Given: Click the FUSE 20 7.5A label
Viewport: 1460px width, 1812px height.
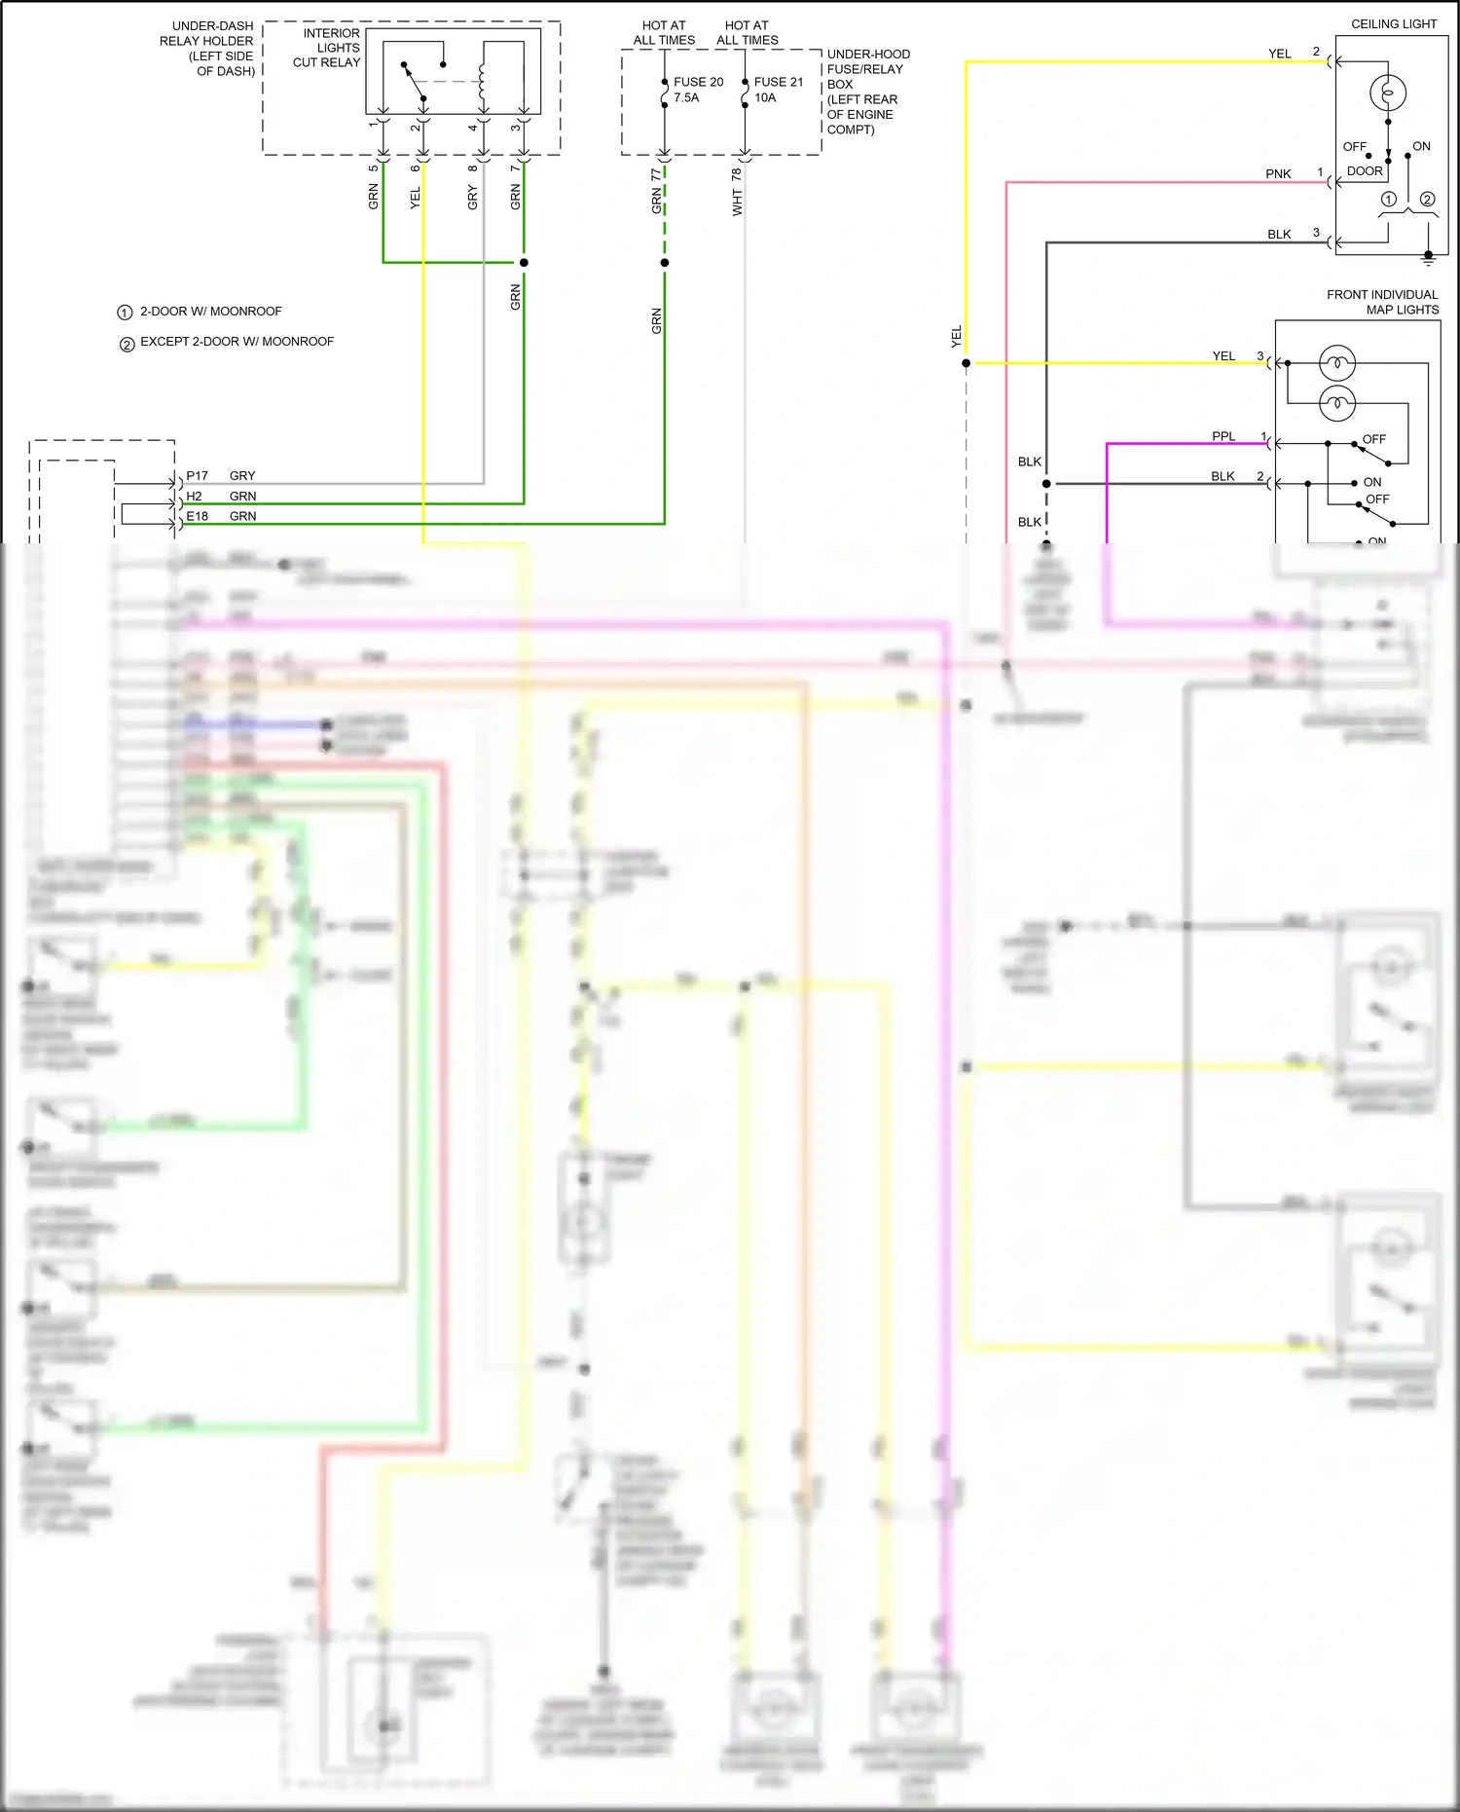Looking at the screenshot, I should (x=698, y=90).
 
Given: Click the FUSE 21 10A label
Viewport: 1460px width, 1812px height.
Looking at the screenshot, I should (x=778, y=90).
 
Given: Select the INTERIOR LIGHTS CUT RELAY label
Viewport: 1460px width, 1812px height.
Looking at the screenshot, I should (x=328, y=48).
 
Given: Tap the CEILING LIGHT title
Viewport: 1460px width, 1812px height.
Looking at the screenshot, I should (x=1393, y=23).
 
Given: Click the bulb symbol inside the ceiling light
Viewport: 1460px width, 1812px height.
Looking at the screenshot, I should (x=1388, y=93).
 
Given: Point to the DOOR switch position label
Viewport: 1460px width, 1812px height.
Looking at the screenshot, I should (x=1365, y=171).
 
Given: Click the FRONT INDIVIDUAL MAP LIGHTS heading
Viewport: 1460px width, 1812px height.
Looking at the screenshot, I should (x=1383, y=302).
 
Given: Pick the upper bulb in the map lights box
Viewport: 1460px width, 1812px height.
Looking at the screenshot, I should (x=1337, y=363).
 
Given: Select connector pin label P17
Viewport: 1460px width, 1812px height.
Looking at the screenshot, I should (x=197, y=476).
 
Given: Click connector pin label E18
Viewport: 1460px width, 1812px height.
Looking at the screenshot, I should (x=197, y=516).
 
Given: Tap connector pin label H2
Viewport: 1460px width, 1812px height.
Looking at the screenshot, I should (x=194, y=497).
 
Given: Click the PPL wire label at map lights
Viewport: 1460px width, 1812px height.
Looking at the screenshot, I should (x=1223, y=436).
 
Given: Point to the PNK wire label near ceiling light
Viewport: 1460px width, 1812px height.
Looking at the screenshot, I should (x=1278, y=174).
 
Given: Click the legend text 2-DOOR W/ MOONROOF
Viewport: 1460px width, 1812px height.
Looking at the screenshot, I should (x=210, y=312).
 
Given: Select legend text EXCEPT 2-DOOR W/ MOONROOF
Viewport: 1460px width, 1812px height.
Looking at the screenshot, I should (x=237, y=342).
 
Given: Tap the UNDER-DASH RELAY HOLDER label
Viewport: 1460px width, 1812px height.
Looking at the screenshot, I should (x=211, y=49).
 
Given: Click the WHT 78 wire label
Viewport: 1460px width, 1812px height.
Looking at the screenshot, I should (x=737, y=192).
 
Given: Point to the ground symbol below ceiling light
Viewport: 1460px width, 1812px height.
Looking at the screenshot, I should (x=1428, y=258).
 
